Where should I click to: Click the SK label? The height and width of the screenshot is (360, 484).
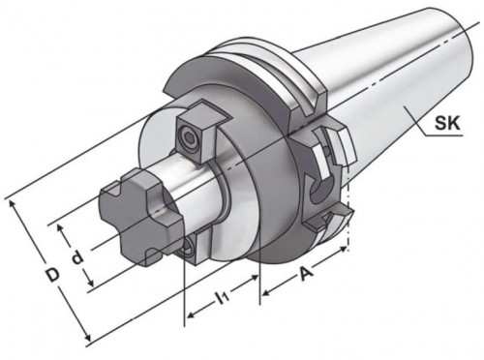click(447, 123)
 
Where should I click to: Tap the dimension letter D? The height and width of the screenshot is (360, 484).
click(52, 275)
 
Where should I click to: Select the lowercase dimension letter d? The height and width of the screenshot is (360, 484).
click(77, 257)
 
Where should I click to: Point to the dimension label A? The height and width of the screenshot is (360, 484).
click(305, 274)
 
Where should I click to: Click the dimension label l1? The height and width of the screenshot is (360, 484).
click(224, 298)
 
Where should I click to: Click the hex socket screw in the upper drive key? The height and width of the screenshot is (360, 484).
click(190, 139)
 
